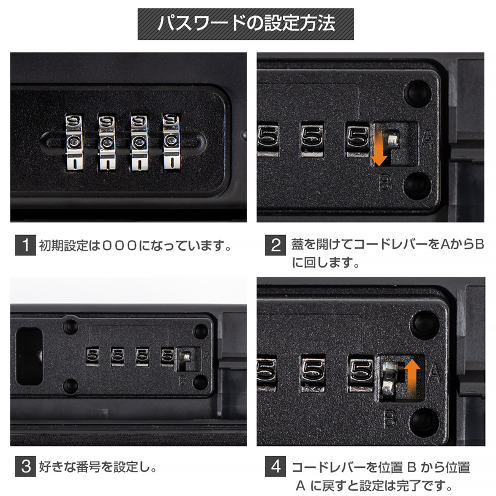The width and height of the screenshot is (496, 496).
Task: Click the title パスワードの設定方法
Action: point(246,23)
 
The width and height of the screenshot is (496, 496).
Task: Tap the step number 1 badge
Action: point(26,245)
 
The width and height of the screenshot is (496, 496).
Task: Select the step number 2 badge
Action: point(276,245)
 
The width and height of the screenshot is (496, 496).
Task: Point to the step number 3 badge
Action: point(26,467)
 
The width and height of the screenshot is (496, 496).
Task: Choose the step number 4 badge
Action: point(276,467)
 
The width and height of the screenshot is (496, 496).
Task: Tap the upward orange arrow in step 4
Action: point(412,378)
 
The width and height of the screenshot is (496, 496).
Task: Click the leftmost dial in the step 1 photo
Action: point(74,142)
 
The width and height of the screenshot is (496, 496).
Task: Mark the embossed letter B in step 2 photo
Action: point(385,183)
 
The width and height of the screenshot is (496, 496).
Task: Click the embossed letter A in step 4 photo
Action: point(435,373)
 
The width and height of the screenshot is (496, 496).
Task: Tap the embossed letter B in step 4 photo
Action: point(391,418)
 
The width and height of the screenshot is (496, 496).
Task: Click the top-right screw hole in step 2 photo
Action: point(418,92)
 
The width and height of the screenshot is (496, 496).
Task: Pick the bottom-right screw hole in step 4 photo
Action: point(424,421)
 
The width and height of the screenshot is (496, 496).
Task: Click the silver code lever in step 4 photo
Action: point(391,378)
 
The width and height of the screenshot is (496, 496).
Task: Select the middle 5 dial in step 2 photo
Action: point(312,139)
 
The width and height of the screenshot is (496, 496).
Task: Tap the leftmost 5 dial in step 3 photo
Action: point(92,356)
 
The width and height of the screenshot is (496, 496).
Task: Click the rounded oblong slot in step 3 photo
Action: point(29,356)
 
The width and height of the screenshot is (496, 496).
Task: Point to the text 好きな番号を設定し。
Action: point(98,467)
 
